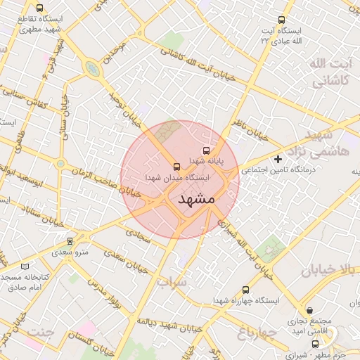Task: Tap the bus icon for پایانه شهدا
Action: [206, 150]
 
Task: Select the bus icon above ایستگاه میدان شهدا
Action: [176, 167]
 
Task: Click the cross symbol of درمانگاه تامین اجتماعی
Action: [278, 160]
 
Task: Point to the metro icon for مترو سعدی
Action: [69, 241]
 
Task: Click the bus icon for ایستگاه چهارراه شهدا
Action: [245, 290]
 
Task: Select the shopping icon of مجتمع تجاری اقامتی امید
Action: [310, 310]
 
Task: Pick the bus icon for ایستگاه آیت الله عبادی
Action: [282, 20]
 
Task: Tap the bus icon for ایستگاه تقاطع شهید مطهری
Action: [39, 8]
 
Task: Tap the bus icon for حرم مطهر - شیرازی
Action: [315, 344]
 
